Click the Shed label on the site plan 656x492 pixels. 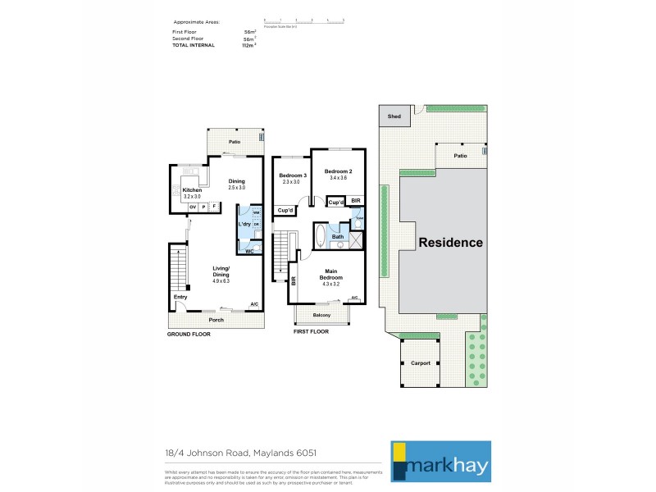(394, 116)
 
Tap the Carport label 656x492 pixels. (420, 362)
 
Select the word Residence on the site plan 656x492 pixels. (451, 243)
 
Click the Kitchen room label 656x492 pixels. (192, 190)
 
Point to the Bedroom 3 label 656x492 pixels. (293, 176)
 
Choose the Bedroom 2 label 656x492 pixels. (339, 171)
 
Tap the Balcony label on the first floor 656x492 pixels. (322, 315)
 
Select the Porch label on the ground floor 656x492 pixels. (216, 320)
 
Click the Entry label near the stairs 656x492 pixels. (180, 297)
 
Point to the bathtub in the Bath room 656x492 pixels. (320, 238)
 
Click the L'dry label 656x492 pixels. (244, 224)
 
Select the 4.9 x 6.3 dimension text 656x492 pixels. (221, 281)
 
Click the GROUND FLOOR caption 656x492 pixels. (189, 335)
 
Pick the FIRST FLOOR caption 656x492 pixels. (311, 331)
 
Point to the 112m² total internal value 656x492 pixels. (248, 45)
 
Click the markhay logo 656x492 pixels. (440, 460)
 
